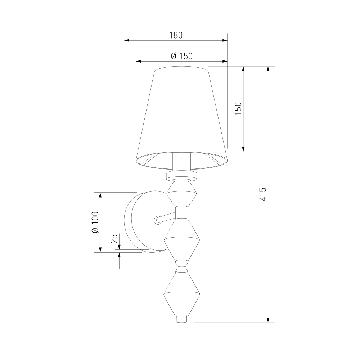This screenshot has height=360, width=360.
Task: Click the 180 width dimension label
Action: [x=176, y=35]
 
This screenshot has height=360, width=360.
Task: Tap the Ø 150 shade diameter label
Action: [x=182, y=56]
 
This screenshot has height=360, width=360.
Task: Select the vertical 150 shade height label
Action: [x=238, y=109]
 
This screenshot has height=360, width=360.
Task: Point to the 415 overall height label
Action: [x=263, y=194]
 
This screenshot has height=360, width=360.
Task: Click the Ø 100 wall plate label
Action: [x=95, y=222]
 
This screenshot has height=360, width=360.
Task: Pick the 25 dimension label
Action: [x=114, y=239]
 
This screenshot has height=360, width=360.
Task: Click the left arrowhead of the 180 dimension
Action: [x=126, y=40]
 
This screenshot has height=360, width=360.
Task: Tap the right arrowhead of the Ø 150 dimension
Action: [x=225, y=61]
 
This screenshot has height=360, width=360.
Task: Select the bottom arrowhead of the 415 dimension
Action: [x=268, y=320]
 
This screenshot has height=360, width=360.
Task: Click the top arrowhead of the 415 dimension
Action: [x=268, y=69]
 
